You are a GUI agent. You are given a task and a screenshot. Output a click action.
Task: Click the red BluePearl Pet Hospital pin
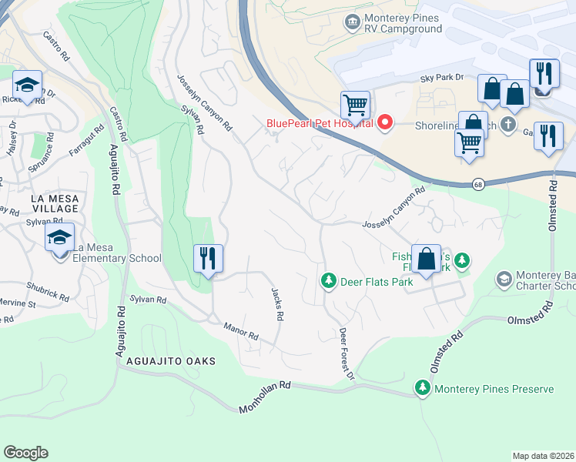click(383, 122)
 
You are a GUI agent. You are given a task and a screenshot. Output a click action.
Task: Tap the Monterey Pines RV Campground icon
click(353, 20)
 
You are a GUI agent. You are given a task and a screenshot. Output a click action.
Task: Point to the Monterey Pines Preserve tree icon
click(422, 388)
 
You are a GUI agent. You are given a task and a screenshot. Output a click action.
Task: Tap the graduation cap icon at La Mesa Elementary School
click(59, 239)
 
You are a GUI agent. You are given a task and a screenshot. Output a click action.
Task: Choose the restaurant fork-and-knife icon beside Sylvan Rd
click(207, 258)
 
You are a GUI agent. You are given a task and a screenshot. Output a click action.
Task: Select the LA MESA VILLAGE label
click(44, 203)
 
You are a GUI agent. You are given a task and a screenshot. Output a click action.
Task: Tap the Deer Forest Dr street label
click(347, 353)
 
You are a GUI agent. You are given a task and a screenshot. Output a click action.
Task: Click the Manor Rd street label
click(241, 333)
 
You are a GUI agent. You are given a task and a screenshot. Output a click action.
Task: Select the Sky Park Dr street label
click(441, 78)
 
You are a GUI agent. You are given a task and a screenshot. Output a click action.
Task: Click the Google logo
click(25, 453)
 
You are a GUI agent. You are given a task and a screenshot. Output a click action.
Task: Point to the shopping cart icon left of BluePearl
click(355, 104)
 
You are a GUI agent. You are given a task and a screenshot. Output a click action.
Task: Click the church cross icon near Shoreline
click(507, 124)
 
